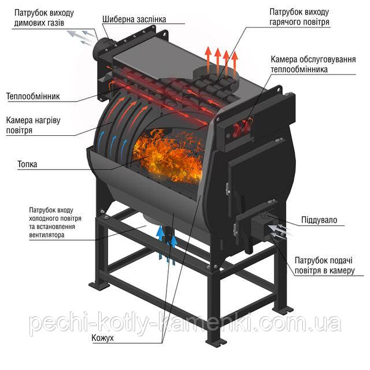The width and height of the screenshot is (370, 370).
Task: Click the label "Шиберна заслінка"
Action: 134,19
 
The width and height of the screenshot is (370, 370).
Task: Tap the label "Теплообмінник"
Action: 34,96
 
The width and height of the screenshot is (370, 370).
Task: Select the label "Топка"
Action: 27,164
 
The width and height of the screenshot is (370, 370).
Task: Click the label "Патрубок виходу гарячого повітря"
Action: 299,17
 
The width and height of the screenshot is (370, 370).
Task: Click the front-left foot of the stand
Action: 102,284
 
